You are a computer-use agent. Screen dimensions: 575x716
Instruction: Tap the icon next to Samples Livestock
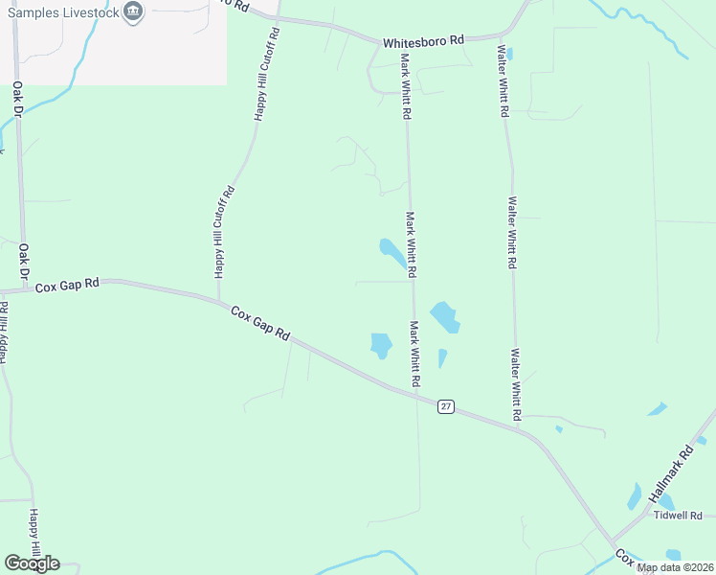[133, 12]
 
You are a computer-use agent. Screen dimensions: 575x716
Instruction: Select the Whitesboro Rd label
[423, 42]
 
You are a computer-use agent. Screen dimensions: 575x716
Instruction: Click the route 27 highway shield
[446, 406]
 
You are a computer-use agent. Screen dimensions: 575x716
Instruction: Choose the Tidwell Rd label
[678, 516]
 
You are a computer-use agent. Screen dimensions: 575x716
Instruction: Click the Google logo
[32, 563]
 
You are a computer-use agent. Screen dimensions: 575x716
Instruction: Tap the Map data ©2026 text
[675, 567]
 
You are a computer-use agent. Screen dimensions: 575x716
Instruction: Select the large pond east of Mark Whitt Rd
[444, 317]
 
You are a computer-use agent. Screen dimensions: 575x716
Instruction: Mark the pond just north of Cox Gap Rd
[381, 344]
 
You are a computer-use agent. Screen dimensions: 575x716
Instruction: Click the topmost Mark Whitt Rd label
[406, 86]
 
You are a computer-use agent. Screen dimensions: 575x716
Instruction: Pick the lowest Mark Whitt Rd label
[415, 355]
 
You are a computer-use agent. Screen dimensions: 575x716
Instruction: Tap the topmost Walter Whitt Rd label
[502, 80]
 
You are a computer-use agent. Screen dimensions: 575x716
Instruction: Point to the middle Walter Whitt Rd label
[513, 233]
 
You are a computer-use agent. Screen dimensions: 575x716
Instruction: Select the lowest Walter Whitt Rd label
[516, 384]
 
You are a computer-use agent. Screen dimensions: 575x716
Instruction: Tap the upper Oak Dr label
[17, 104]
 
